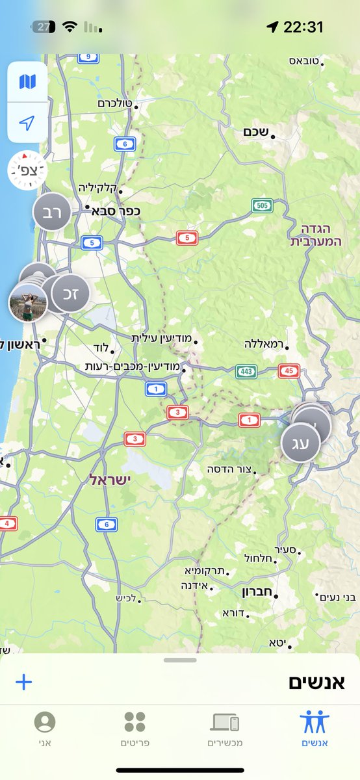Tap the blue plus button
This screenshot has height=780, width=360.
coord(23,682)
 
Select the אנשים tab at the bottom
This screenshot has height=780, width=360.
coord(315,728)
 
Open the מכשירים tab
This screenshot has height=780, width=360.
coord(225,728)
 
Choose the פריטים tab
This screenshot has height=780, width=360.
coord(135,728)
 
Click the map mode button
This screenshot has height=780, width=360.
coord(27,82)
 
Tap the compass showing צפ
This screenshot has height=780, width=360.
coord(27,170)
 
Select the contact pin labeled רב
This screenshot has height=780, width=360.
coord(51,212)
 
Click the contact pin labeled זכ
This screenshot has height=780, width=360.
coord(70,292)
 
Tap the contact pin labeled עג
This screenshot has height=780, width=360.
coord(300,443)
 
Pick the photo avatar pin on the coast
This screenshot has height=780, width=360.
coord(27,303)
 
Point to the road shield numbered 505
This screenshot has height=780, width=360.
coord(262,206)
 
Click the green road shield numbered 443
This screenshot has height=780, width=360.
coord(246,372)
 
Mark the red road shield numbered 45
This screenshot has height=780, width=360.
coord(289,371)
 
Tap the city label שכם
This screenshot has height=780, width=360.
coord(256,132)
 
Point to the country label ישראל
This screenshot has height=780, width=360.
coord(110,480)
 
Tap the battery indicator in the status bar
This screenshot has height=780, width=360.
coord(44,27)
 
